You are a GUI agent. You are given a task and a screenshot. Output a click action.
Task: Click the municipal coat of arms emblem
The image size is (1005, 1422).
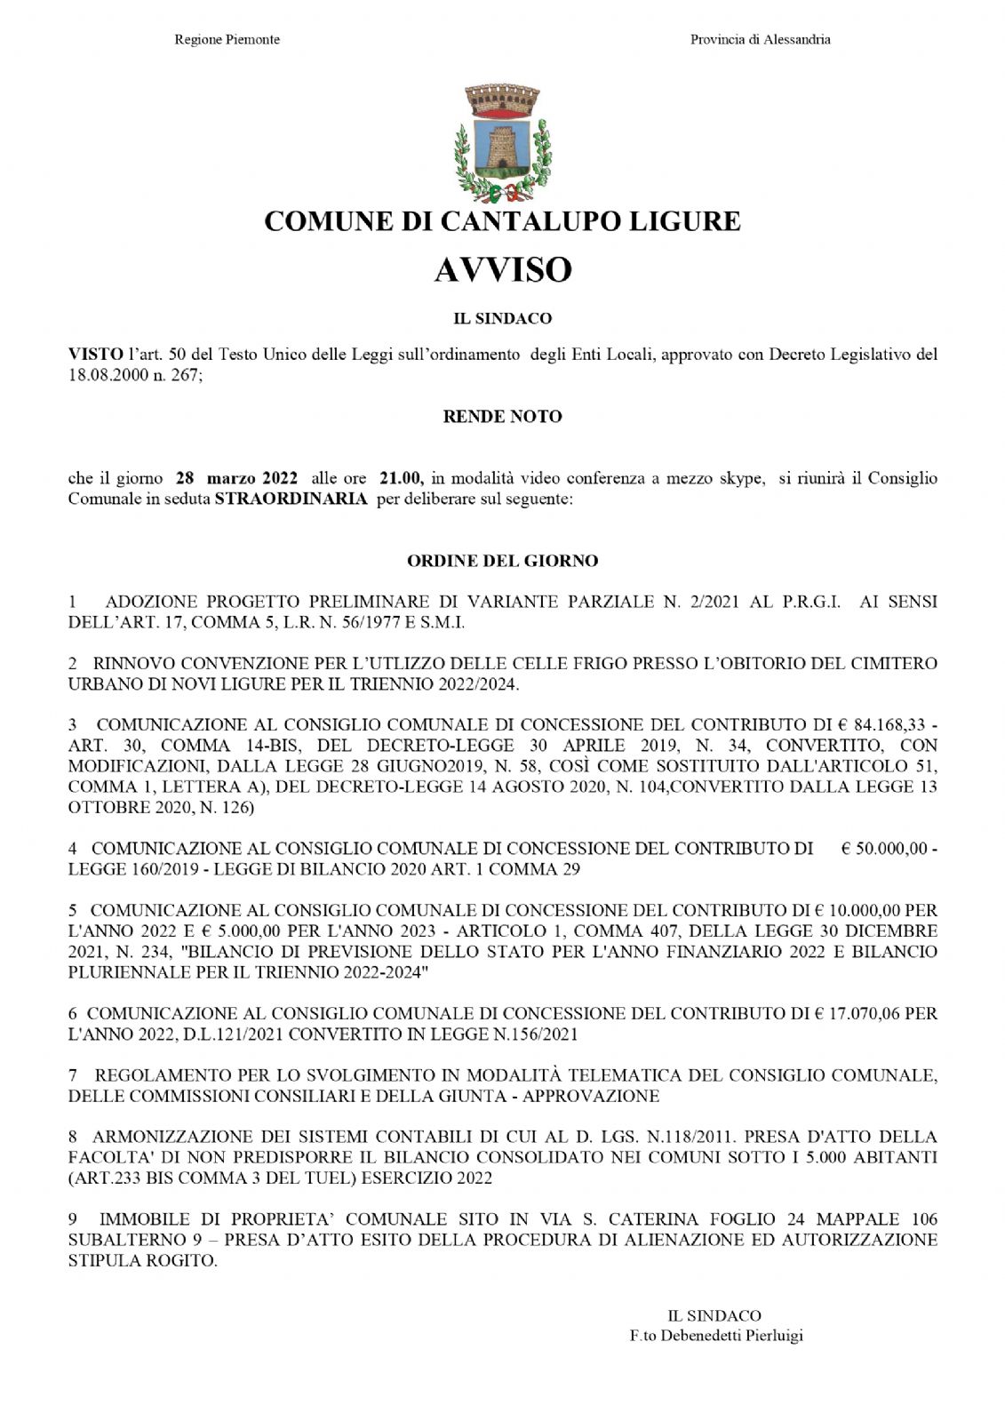tap(502, 143)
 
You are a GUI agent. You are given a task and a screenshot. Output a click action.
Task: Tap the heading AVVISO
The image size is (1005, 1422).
tap(502, 269)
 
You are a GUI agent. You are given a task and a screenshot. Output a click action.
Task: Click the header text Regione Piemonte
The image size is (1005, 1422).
tap(227, 40)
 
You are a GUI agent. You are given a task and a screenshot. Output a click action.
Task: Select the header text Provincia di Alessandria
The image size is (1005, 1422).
tap(761, 40)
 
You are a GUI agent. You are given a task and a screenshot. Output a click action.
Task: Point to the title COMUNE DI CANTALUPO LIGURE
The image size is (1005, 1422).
tap(502, 221)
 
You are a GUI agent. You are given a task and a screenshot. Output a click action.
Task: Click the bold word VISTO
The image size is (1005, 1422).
tap(95, 355)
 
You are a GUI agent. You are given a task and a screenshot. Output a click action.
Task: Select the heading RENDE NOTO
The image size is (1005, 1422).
tap(502, 416)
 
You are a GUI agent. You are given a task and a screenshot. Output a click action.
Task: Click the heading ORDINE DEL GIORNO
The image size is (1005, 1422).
tap(502, 561)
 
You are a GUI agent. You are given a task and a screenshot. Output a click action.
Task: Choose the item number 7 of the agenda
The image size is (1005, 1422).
tap(73, 1075)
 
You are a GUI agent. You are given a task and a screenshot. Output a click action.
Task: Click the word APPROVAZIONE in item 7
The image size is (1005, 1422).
tap(591, 1096)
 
